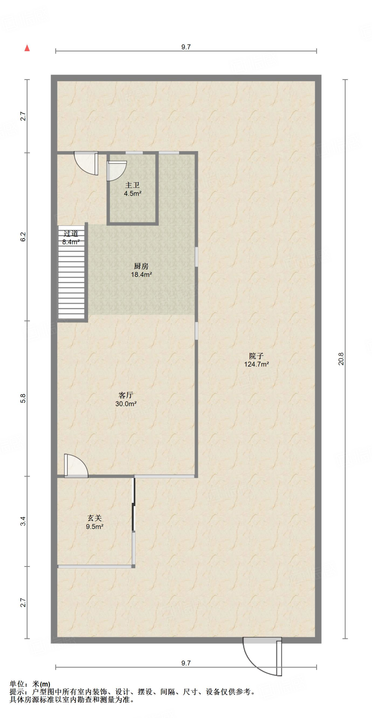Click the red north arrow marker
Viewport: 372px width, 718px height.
[27, 48]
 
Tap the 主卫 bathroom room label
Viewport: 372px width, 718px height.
[132, 185]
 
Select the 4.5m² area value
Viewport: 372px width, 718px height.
[133, 194]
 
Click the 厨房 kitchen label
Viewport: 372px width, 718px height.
[141, 266]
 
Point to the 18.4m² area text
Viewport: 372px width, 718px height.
[141, 275]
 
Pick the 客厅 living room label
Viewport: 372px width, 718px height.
[126, 395]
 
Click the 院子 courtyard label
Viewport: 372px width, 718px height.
[256, 356]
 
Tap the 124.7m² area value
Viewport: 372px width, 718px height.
[257, 364]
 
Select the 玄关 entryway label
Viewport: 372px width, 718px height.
[94, 518]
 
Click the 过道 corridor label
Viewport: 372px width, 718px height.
[71, 233]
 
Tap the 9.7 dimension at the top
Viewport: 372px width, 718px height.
[186, 47]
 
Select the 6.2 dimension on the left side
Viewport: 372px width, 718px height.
[23, 237]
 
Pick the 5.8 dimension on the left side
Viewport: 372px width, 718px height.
[23, 399]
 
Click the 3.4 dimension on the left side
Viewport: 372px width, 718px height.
[23, 521]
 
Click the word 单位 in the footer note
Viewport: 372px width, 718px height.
[17, 684]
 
